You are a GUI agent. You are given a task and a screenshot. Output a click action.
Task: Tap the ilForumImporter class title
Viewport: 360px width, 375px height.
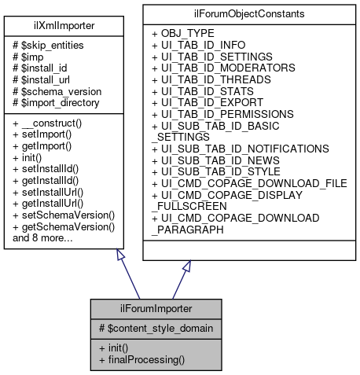click(155, 307)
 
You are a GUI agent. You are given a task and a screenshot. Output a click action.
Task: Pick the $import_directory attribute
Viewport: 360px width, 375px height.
click(56, 102)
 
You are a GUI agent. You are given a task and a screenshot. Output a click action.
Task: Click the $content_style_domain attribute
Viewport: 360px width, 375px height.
click(154, 326)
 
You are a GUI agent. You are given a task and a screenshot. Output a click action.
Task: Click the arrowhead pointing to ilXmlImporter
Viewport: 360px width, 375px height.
click(119, 256)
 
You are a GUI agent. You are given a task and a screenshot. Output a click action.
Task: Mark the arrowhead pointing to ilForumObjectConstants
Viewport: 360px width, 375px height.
click(186, 267)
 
